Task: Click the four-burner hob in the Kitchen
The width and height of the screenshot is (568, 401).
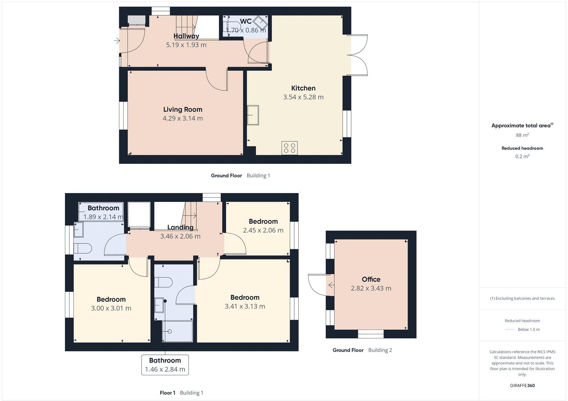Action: coord(289,148)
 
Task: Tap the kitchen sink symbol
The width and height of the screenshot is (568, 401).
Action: coord(253,115)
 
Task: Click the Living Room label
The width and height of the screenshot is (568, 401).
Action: coord(182,109)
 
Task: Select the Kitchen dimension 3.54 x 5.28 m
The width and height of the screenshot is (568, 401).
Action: coord(303,97)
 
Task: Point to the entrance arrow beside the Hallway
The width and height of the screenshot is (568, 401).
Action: coord(117,41)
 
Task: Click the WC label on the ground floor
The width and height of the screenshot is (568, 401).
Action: coord(246,21)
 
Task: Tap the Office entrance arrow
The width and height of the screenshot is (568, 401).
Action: coord(331,285)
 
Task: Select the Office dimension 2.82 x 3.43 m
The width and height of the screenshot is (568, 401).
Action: coord(371,288)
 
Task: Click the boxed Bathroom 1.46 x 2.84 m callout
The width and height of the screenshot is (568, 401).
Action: coord(165,365)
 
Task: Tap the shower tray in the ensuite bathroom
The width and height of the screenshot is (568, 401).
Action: coord(177,331)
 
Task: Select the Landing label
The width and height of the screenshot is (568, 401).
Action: coord(180,227)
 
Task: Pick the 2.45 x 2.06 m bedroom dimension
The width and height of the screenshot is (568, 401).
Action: coord(263,230)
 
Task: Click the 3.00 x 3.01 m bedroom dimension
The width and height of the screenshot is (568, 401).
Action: coord(111,308)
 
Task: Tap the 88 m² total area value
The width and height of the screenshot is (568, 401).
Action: coord(522,135)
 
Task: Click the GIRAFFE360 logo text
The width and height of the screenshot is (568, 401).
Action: coord(522,385)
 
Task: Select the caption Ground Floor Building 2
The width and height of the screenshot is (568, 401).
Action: coord(362,350)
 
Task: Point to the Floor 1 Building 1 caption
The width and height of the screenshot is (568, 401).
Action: coord(181,393)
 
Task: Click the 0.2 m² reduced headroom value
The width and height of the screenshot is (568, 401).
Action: coord(522,156)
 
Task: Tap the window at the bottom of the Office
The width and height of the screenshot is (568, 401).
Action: coord(371,334)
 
